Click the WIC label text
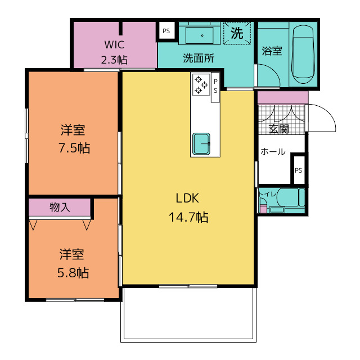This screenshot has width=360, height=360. pos(114,44)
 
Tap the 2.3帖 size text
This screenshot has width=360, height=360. pos(114,60)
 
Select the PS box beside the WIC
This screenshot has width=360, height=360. pos(166,31)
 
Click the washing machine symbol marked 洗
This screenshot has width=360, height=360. pos(237,33)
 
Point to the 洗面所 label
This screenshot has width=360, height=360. pos(199,58)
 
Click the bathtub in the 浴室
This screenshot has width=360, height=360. pos(303,54)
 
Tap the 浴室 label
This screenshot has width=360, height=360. pos(272,51)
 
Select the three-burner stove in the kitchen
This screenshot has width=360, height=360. pos(201,85)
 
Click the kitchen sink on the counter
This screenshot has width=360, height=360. pos(201,143)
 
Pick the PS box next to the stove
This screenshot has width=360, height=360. pos(215,87)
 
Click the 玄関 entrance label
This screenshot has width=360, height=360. pos(279,129)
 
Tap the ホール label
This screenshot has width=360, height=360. pos(273,151)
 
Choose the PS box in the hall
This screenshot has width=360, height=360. pos(299,170)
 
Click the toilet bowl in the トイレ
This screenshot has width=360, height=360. pos(288,197)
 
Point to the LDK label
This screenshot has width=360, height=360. pos(187,198)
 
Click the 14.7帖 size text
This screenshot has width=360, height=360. pos(188,217)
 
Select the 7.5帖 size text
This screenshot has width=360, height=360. pos(74,147)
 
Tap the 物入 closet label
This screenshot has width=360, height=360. pos(60,207)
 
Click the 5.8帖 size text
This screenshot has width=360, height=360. pos(73,273)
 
